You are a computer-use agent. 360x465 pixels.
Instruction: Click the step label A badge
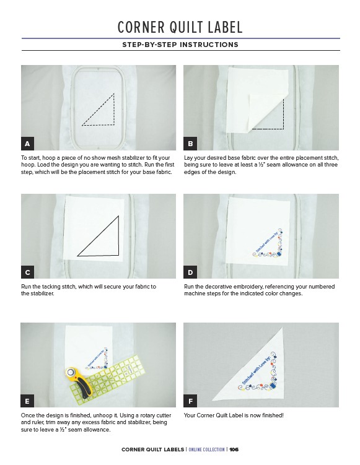27,144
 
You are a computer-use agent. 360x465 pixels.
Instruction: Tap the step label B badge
190,144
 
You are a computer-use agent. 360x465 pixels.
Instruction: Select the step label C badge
27,272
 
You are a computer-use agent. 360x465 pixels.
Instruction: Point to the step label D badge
190,272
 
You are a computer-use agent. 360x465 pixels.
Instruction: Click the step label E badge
27,401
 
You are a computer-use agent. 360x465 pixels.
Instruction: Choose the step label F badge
190,401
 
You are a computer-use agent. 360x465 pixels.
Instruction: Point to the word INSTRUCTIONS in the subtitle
209,45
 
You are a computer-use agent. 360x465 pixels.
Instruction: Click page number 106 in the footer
234,450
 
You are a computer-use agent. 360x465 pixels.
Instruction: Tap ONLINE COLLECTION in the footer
206,450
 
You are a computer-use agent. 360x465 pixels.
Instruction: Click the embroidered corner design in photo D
268,244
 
